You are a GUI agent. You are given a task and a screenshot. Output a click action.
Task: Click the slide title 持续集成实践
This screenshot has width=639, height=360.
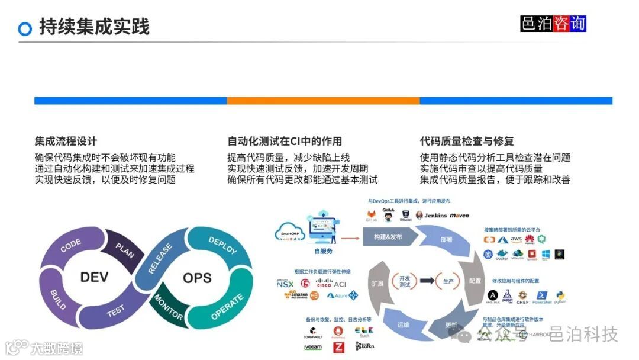[94, 27]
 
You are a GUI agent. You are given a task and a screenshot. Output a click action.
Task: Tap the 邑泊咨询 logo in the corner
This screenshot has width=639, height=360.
[553, 23]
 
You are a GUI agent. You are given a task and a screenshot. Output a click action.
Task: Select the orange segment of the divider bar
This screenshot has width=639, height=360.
[323, 101]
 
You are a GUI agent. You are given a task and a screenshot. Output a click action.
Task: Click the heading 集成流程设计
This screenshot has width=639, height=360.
[66, 142]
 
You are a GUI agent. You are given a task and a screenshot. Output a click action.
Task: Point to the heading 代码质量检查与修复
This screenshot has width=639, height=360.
[467, 142]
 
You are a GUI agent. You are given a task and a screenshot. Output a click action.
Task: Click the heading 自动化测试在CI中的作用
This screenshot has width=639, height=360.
[285, 142]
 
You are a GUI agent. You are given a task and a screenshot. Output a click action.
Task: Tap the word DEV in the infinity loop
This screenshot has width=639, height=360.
[95, 277]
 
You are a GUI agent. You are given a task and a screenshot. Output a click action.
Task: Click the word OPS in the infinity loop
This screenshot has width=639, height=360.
[197, 278]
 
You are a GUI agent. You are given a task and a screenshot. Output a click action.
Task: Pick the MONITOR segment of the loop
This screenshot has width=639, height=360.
[169, 307]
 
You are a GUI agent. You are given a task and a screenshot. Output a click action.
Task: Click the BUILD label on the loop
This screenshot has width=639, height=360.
[59, 299]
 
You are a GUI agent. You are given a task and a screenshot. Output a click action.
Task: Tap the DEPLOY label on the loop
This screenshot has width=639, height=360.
[222, 245]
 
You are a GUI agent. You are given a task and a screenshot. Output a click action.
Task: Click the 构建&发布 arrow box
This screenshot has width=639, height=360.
[388, 237]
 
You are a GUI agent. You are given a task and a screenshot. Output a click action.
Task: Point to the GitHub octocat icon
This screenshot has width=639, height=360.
[388, 216]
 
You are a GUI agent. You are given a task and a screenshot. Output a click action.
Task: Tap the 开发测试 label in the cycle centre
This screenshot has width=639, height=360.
[405, 281]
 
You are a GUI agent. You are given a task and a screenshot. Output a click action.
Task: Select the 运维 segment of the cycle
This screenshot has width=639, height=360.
[404, 325]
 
